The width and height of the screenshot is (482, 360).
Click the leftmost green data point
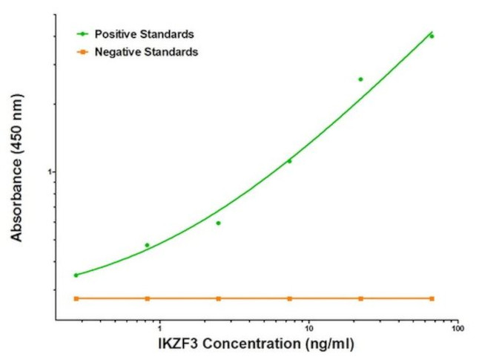click(x=76, y=275)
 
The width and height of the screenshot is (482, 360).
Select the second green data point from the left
click(x=147, y=245)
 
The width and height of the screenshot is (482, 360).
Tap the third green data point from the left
click(x=218, y=223)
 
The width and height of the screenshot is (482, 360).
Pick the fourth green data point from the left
click(x=289, y=161)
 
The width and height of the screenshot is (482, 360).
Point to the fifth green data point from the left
click(x=360, y=79)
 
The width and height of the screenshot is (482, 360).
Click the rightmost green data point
click(x=432, y=36)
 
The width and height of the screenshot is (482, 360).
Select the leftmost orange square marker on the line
click(x=76, y=298)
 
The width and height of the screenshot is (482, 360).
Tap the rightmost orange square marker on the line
click(x=432, y=298)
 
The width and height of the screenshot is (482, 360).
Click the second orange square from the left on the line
click(x=147, y=298)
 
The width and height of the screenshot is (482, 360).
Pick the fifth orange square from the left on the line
click(x=360, y=298)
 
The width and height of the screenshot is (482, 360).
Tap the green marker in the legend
click(x=83, y=34)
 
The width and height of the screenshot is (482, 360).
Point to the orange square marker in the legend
click(x=83, y=52)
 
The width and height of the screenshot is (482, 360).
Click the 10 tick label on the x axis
click(x=309, y=328)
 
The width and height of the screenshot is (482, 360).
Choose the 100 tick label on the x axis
click(x=458, y=328)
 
